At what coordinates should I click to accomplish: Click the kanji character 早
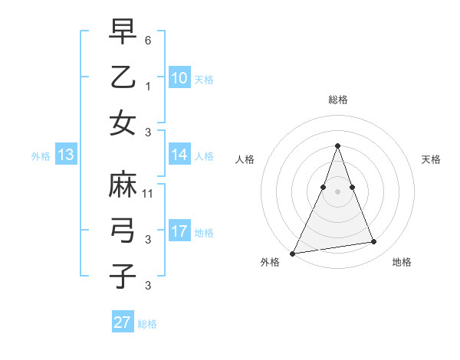click(x=123, y=32)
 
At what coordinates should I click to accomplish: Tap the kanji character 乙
click(x=123, y=77)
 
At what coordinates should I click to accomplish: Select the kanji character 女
click(x=123, y=123)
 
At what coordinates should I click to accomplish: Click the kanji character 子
click(x=123, y=276)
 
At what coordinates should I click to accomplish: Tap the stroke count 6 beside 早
click(x=148, y=41)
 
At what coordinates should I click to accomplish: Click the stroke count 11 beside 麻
click(x=148, y=194)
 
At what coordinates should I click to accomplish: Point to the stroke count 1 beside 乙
click(x=148, y=86)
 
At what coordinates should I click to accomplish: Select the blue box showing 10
click(x=179, y=78)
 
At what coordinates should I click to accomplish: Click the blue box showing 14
click(x=179, y=155)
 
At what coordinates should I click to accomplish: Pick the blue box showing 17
click(x=179, y=231)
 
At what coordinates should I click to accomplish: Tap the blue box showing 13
click(x=65, y=155)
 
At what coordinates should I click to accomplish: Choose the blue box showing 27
click(x=122, y=322)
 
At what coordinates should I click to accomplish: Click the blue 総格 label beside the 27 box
click(x=147, y=324)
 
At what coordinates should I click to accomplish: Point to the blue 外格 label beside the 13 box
click(x=41, y=156)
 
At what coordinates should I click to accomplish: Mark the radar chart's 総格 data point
click(x=337, y=146)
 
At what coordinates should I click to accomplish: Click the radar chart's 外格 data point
click(x=292, y=253)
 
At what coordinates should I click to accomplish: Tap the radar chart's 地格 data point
click(x=374, y=242)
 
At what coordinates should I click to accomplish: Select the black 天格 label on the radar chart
click(x=432, y=159)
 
